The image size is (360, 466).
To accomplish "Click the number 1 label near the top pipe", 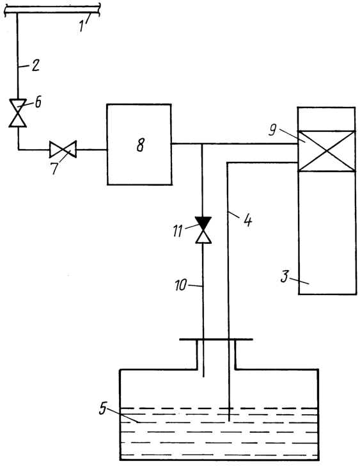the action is pos(82,26).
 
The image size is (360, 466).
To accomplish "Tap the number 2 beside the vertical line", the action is pos(36,65).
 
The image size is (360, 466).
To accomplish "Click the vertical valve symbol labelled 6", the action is pos(17,113).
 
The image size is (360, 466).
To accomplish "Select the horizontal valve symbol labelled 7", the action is pos(63,149).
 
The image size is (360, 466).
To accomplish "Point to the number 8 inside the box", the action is pos(141,146).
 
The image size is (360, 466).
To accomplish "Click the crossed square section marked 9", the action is pos(327,151).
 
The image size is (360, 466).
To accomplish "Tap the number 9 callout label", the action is pos(273,130).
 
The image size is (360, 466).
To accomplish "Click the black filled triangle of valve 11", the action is pos(203,223).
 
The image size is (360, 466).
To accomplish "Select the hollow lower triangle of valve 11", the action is pos(203,237).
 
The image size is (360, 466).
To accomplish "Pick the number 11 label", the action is pos(178,231).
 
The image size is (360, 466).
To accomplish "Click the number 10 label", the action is pos(181,285).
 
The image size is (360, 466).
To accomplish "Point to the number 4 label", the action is pos(247,221).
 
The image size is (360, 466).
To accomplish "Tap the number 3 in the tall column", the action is pos(285,277).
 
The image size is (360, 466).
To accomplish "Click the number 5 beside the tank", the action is pos(102,409).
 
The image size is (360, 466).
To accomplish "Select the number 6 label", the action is pos(38,102).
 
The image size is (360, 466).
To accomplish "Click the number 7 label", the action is pos(54,168).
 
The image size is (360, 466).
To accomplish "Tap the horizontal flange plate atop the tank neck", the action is pos(216,339).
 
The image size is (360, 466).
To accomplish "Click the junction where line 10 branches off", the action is pos(203,144).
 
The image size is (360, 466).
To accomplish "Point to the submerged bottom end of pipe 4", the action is pos(229,420).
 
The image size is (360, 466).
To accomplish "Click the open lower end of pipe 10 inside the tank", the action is pos(203,376).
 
